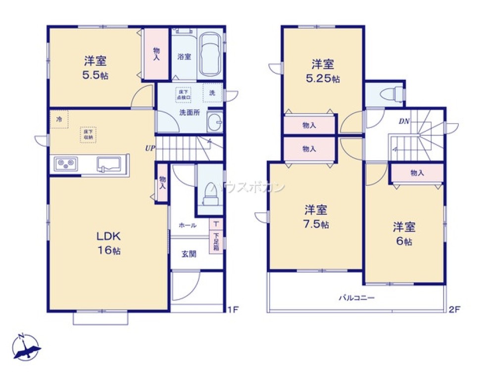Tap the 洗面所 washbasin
tap(214, 122)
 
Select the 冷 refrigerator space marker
tap(59, 120)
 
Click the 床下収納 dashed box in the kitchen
tap(88, 134)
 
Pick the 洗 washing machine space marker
tap(212, 93)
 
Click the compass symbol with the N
tap(26, 347)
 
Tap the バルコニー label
tap(356, 298)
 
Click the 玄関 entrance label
tap(189, 254)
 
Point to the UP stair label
tap(149, 148)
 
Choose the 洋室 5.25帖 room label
tap(322, 71)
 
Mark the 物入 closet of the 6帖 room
tap(417, 173)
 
